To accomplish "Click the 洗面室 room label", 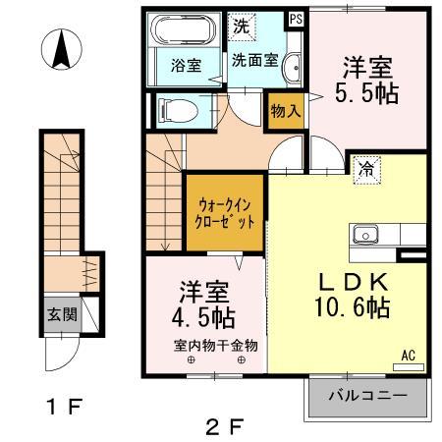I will (253, 60).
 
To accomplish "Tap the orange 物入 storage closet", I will (285, 112).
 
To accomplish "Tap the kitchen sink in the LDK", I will (366, 234).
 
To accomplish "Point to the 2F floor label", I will (225, 425).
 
